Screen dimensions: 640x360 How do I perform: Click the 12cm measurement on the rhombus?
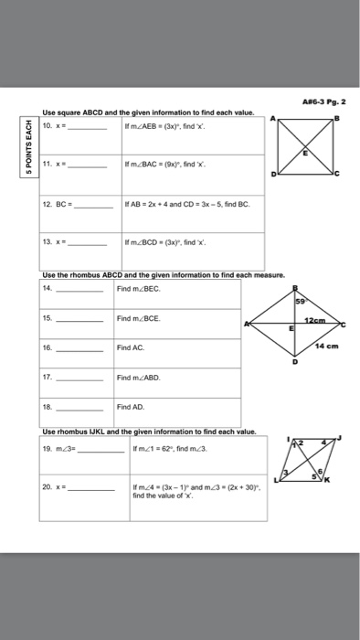[318, 318]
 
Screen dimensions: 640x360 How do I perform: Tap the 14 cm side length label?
[327, 346]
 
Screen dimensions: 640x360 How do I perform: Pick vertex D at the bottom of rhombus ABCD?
[293, 362]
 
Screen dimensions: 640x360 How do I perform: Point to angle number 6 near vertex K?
[321, 466]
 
